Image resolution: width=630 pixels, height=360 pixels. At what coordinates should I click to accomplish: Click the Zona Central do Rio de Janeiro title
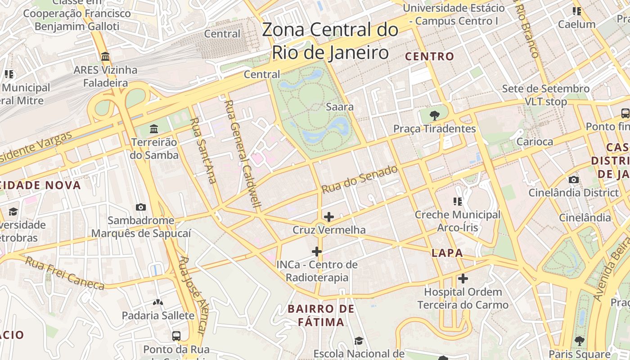(x=330, y=41)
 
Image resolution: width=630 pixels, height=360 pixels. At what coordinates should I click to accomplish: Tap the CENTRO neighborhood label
(x=430, y=57)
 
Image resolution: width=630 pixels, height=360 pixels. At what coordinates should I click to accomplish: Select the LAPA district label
(x=447, y=253)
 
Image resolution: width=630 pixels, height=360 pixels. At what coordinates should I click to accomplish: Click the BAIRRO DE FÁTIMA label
(x=321, y=315)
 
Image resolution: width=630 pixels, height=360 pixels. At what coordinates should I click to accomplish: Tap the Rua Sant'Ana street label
(x=203, y=150)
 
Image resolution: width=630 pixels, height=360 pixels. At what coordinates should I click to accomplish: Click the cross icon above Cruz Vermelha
(x=329, y=217)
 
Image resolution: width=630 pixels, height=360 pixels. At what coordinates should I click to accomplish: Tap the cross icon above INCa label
(x=317, y=251)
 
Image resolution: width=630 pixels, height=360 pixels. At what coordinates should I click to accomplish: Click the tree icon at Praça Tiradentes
(x=434, y=116)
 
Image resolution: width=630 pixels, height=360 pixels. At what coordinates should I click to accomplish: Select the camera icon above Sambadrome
(x=141, y=207)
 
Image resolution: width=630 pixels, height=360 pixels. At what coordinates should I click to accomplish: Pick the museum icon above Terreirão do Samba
(x=154, y=129)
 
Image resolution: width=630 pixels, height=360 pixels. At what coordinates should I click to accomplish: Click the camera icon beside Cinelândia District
(x=573, y=180)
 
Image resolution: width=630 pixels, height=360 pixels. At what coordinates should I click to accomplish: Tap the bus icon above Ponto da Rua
(x=176, y=336)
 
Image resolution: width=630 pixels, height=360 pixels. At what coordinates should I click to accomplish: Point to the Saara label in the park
(x=340, y=107)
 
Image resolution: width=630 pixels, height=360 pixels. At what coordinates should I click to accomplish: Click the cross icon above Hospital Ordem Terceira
(x=463, y=279)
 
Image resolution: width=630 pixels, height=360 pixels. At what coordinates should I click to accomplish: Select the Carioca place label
(x=535, y=142)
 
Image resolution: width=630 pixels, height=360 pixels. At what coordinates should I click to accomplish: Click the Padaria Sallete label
(x=158, y=315)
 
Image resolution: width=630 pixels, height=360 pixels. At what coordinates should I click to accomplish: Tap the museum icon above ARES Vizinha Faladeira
(x=106, y=57)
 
